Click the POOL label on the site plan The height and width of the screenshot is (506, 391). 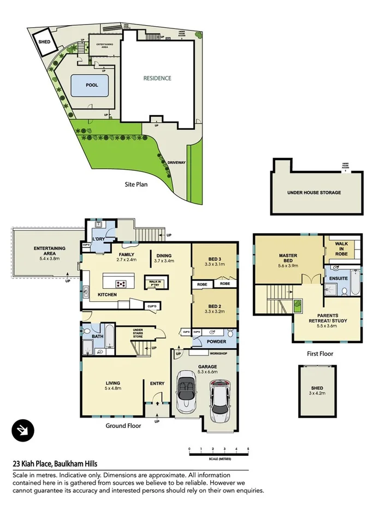(92, 85)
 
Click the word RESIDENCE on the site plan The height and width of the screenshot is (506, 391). (157, 78)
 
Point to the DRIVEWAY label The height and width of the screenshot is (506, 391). (176, 163)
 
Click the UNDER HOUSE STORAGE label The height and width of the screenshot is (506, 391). (315, 193)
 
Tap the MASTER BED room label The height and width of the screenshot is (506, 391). (289, 258)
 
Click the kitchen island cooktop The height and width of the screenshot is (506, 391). (121, 283)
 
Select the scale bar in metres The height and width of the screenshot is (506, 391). (218, 451)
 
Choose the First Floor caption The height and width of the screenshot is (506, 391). (319, 354)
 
